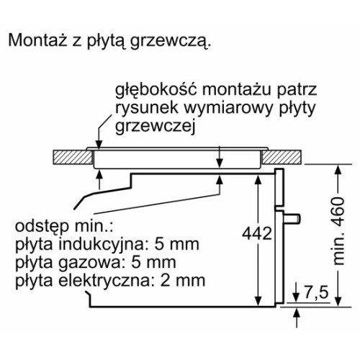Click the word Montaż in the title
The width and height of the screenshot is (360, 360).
[37, 40]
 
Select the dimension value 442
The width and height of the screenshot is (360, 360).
[257, 233]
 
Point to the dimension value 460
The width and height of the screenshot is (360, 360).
[338, 212]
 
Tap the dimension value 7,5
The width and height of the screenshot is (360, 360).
[316, 293]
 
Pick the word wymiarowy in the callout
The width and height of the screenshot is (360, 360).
[228, 109]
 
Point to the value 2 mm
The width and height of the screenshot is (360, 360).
[183, 281]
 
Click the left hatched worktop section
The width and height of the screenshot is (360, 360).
[73, 157]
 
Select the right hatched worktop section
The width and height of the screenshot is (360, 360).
[282, 157]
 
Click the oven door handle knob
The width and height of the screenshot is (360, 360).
[292, 218]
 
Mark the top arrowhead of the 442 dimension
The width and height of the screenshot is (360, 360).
[258, 179]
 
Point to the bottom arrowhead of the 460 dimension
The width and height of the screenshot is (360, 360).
[338, 301]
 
